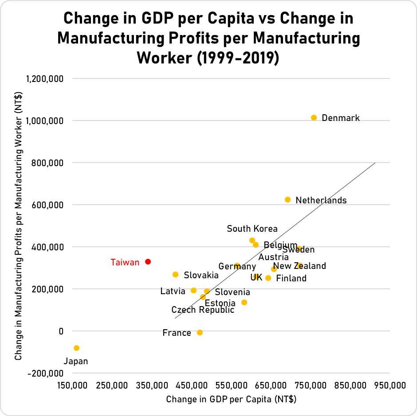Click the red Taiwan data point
[x=148, y=262]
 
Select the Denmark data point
[x=314, y=118]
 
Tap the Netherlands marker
[x=287, y=200]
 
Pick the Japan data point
[x=76, y=348]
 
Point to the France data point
[x=200, y=332]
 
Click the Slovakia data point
[x=175, y=275]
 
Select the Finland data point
[x=268, y=278]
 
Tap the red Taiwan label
[x=125, y=262]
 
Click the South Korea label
[x=252, y=229]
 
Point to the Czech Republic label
[x=203, y=310]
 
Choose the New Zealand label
[x=300, y=266]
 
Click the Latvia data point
[x=193, y=291]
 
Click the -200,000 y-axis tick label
[x=46, y=373]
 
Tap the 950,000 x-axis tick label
[x=390, y=386]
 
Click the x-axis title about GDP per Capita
[x=231, y=399]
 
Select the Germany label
[x=237, y=267]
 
